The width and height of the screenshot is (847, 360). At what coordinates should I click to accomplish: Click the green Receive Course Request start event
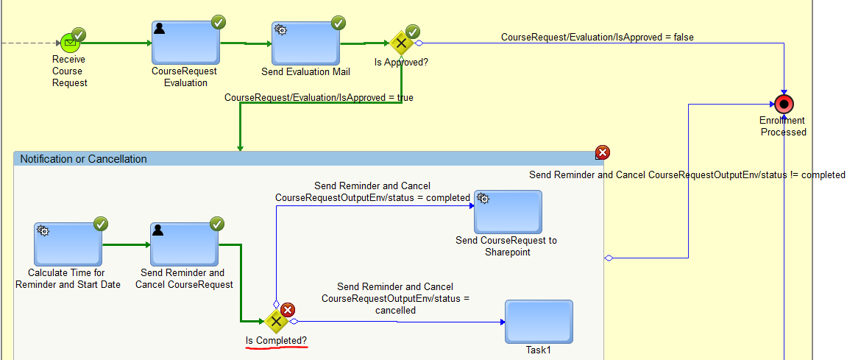(68, 43)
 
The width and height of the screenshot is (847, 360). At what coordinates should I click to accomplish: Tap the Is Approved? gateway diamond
(401, 43)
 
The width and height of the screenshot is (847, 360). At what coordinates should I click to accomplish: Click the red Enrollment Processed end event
(784, 104)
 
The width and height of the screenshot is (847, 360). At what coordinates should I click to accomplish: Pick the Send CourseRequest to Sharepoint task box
(508, 212)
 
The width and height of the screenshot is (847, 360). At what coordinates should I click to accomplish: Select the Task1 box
(539, 321)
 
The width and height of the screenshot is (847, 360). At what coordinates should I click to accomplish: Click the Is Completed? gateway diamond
(276, 321)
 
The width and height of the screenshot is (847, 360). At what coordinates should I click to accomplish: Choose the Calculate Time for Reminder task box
(68, 244)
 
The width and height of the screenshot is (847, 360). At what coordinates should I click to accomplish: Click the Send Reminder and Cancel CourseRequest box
(184, 244)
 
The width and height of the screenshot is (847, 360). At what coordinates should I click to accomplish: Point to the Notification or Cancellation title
(83, 159)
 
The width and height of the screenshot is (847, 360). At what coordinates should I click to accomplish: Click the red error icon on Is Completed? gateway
(288, 310)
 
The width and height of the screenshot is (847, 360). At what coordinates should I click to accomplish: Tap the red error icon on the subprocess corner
(602, 152)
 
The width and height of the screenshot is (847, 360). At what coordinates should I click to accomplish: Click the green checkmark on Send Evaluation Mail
(339, 23)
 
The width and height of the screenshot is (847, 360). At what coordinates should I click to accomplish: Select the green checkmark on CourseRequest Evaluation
(219, 23)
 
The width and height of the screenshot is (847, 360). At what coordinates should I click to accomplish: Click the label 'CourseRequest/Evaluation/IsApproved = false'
(597, 37)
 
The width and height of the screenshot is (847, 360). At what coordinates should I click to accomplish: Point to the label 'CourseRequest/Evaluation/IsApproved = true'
(319, 97)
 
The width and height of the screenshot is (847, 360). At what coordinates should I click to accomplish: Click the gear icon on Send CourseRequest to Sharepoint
(484, 198)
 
